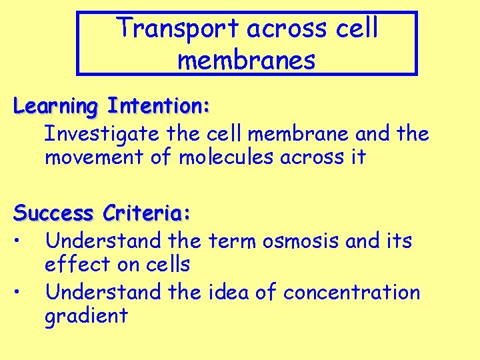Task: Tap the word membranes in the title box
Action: coord(246,60)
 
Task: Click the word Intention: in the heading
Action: coord(159,106)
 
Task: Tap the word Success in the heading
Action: coord(54,213)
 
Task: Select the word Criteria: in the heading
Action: coord(147,213)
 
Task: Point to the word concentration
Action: coord(351,292)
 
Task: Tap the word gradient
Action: coord(86,316)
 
